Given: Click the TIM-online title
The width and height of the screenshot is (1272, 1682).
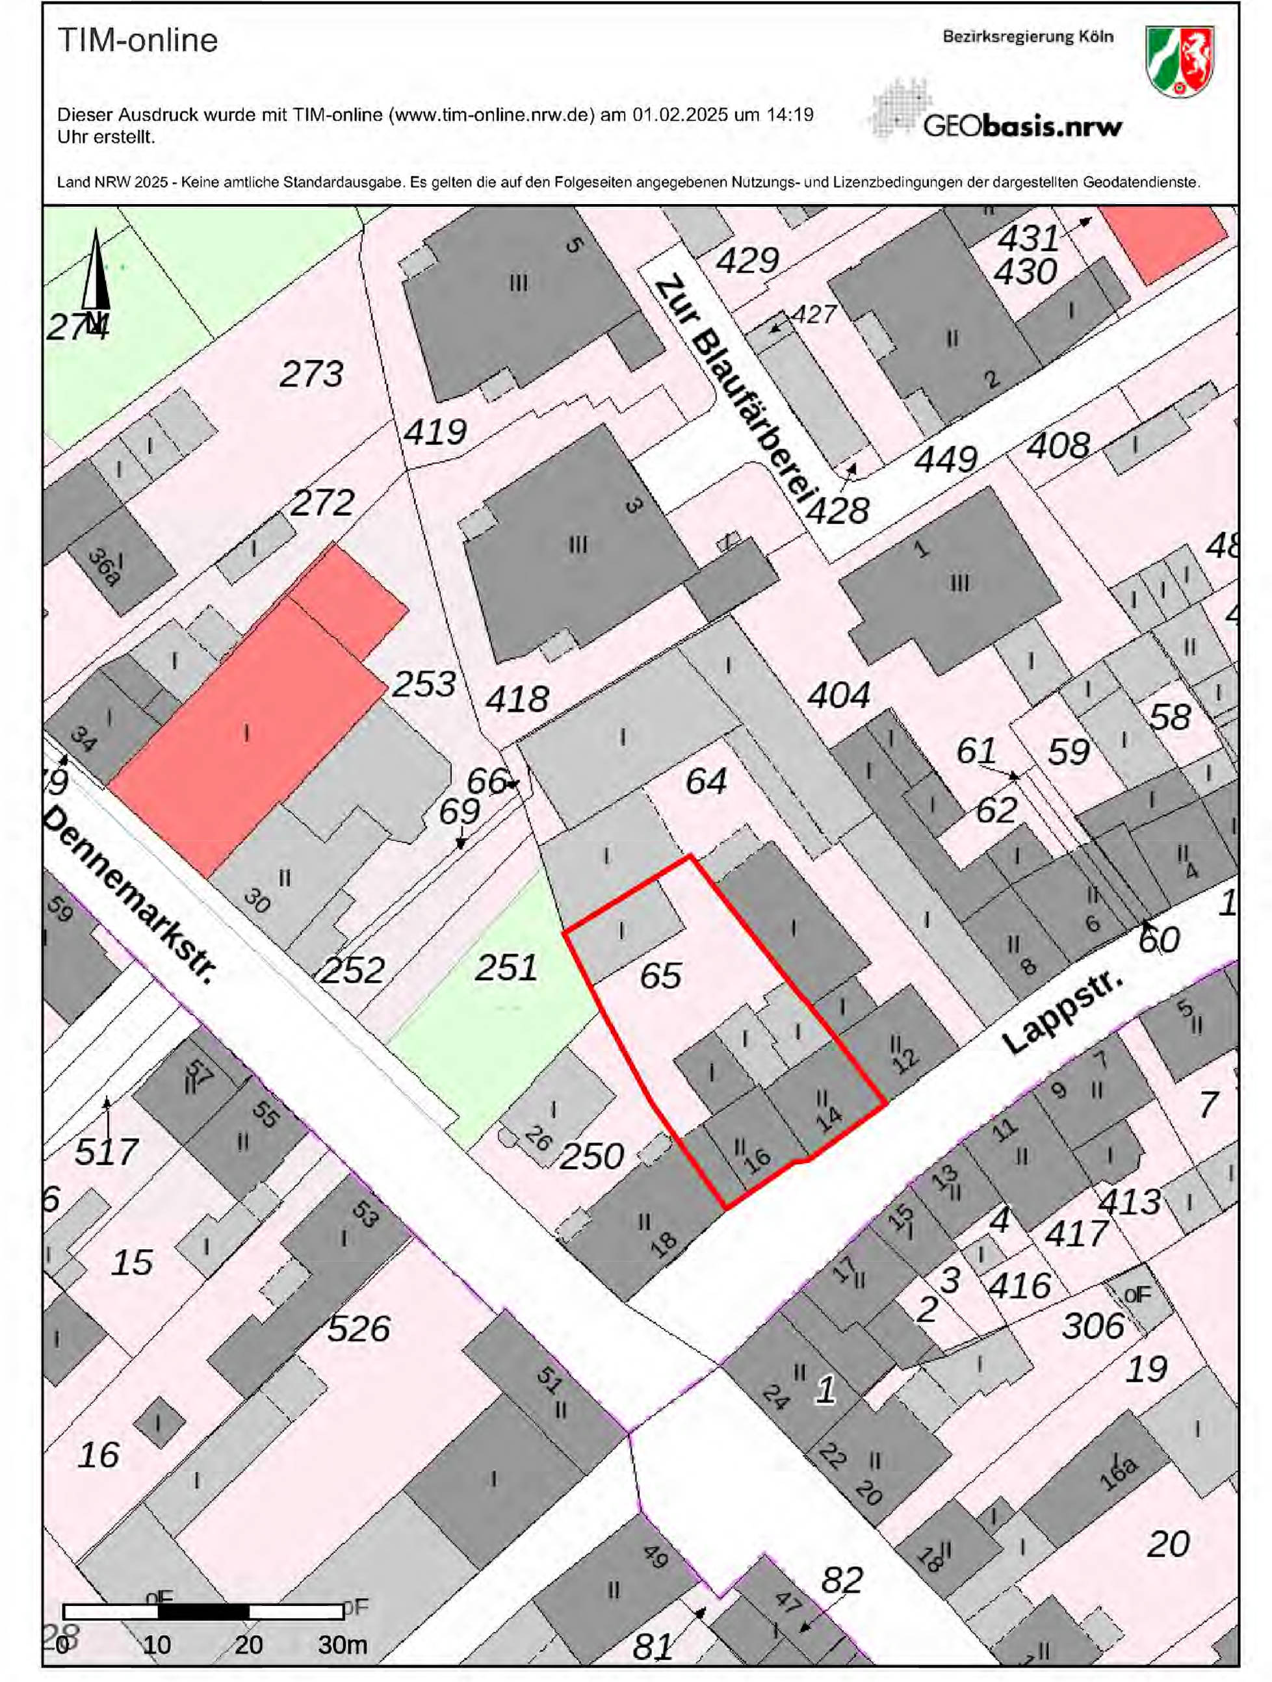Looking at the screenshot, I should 138,40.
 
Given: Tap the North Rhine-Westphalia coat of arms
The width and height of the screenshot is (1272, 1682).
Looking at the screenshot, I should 1180,61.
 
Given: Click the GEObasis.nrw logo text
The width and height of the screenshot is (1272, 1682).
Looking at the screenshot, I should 1022,125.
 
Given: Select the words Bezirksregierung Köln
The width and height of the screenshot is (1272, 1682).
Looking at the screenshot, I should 1028,36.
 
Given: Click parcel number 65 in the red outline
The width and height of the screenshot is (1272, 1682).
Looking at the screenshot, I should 660,976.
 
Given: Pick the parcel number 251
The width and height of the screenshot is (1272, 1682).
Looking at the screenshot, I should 506,968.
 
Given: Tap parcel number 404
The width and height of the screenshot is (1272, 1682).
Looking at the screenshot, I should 838,694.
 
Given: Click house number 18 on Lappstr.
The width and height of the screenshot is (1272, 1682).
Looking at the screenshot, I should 663,1242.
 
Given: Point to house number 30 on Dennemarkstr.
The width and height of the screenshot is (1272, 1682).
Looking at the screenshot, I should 257,900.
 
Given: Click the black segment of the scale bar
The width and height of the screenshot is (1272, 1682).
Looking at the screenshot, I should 203,1611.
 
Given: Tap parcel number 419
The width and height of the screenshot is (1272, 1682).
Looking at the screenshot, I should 435,432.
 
